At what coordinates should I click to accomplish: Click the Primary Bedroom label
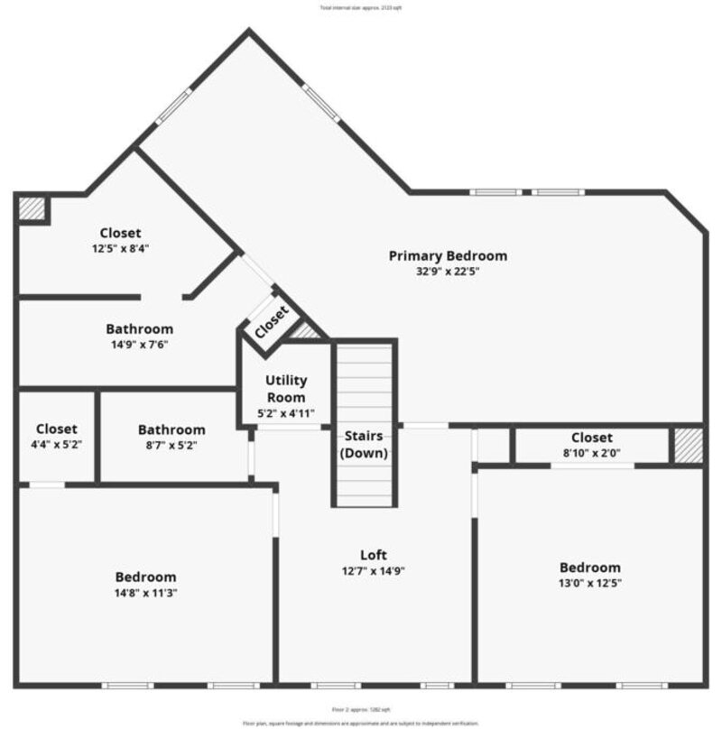tap(448, 255)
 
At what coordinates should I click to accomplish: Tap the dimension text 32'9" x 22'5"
tap(448, 272)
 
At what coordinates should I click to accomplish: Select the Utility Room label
tap(286, 389)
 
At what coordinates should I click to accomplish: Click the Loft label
tap(374, 555)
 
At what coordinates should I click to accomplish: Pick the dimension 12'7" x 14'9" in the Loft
tap(374, 571)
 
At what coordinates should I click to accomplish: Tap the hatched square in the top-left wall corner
tap(32, 208)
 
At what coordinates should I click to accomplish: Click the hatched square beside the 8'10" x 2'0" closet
tap(688, 446)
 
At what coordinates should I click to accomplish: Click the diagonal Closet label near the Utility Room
tap(271, 322)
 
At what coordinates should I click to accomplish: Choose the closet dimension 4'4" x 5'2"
tap(56, 446)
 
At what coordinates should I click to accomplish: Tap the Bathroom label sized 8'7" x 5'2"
tap(171, 429)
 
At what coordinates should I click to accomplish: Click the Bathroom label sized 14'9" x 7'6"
tap(139, 329)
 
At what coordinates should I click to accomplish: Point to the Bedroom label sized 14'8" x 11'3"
tap(145, 577)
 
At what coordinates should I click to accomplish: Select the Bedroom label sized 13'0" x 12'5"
tap(590, 568)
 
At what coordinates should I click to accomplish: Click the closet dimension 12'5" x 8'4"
tap(120, 249)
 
